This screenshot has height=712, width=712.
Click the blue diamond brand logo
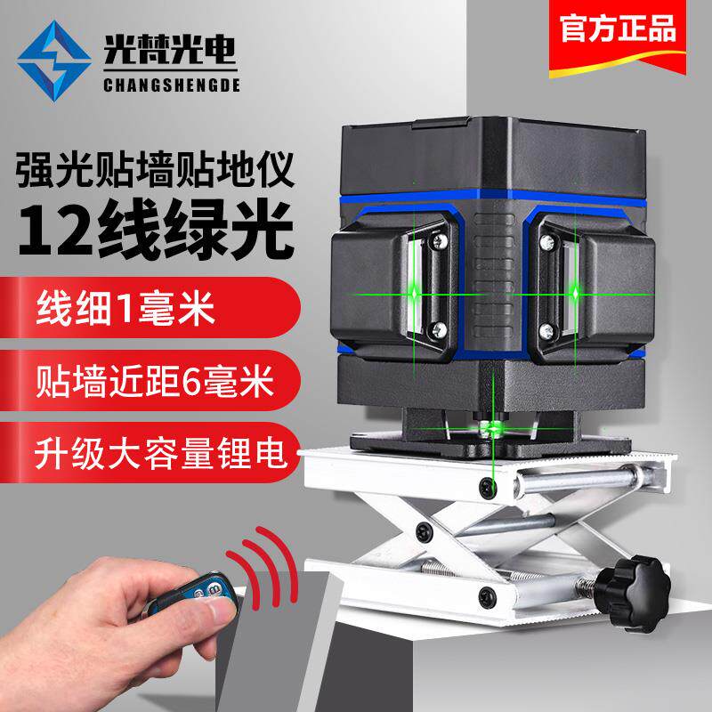(x=54, y=61)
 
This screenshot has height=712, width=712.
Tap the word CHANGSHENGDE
(x=171, y=85)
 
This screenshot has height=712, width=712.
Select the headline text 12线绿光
(x=156, y=231)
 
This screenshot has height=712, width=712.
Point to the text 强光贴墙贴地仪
(x=155, y=170)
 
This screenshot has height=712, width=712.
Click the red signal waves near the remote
(x=264, y=567)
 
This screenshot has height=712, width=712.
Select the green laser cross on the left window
(x=414, y=295)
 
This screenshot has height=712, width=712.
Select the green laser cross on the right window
(x=575, y=294)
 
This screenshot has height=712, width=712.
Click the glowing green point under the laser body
(x=492, y=428)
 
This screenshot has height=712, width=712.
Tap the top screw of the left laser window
(x=439, y=240)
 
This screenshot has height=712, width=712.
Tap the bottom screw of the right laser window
(x=546, y=330)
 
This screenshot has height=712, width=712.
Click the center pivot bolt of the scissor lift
(x=425, y=531)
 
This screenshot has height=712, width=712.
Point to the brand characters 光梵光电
(x=169, y=50)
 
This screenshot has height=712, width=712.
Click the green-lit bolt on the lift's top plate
(x=488, y=487)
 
